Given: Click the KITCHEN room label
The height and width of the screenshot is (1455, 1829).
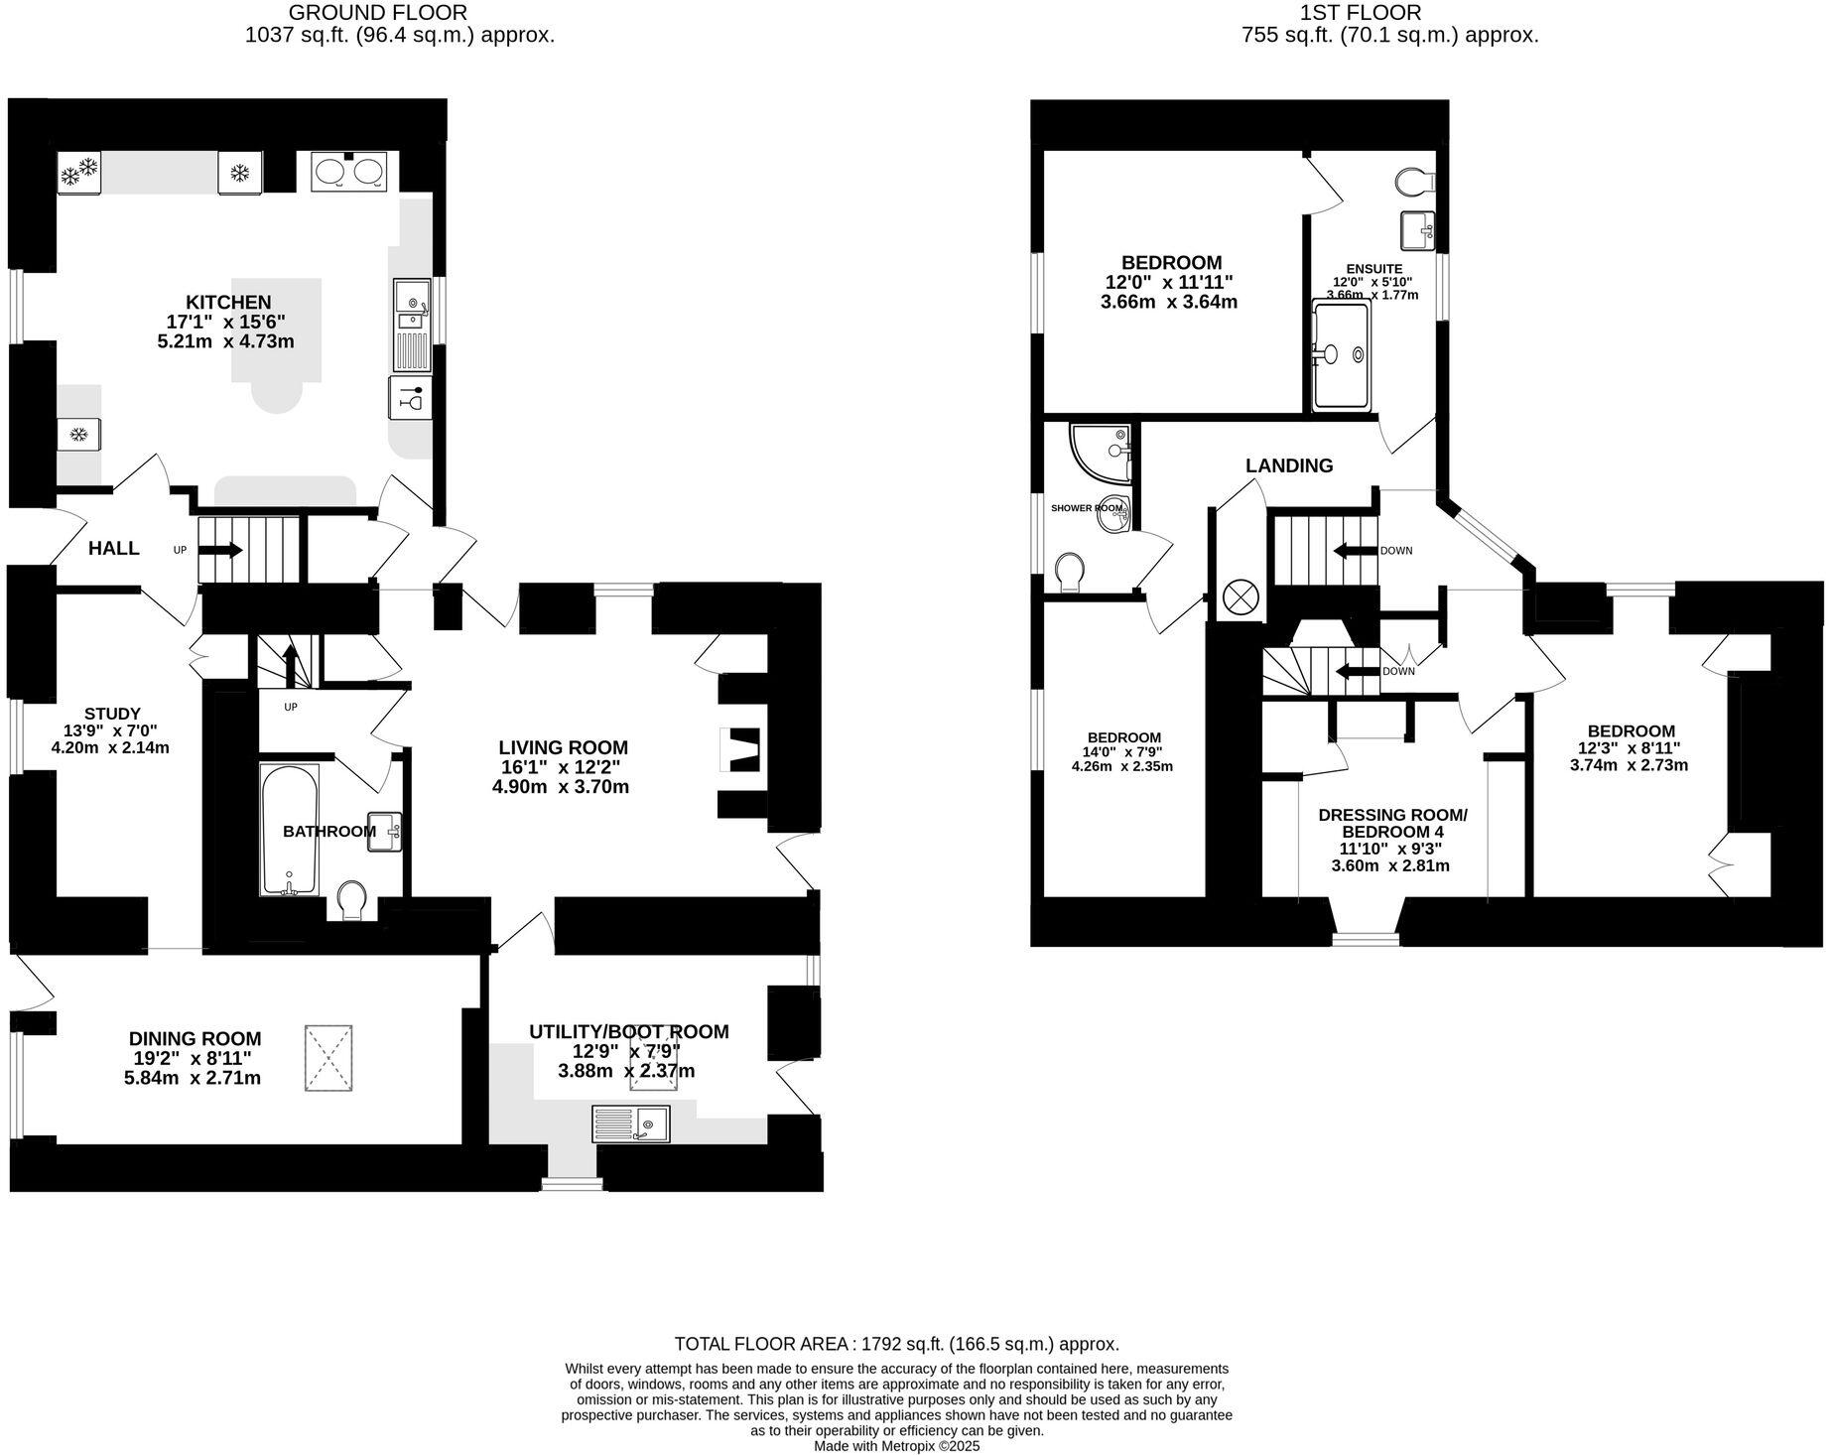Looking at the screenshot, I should tap(228, 302).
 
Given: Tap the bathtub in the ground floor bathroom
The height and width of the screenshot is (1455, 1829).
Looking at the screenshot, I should tap(289, 830).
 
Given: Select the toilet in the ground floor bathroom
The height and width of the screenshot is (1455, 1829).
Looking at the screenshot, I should tap(351, 901).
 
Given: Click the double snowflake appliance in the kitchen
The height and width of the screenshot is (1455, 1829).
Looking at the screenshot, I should tap(79, 175).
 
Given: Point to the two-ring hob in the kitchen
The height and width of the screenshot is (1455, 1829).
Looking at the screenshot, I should tap(348, 173).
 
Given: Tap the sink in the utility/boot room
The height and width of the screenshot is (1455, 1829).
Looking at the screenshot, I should tap(632, 1124).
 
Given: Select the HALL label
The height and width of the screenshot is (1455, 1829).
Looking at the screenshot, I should tap(114, 548).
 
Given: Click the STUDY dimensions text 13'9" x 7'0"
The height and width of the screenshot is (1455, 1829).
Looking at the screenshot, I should tap(112, 730).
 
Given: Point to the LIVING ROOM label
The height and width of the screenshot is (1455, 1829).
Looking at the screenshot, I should tap(563, 747).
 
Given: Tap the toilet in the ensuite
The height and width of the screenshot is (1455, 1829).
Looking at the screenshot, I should tap(1413, 183).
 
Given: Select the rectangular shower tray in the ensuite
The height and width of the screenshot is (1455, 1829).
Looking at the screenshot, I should tap(1341, 356).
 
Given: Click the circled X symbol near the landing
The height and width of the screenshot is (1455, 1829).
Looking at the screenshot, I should tap(1240, 596).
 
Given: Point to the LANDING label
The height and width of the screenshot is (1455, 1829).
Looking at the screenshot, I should tap(1289, 465).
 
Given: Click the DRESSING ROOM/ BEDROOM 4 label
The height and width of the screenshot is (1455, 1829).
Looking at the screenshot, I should tap(1391, 823).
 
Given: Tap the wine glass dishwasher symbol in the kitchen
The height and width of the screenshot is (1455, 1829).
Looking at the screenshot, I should tap(410, 398).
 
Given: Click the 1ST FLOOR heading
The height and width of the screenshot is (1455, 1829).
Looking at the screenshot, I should tap(1360, 13).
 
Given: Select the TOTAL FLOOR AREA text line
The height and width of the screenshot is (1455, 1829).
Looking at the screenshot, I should tap(896, 1344).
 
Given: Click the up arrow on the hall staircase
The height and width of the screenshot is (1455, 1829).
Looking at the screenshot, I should tap(222, 549).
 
